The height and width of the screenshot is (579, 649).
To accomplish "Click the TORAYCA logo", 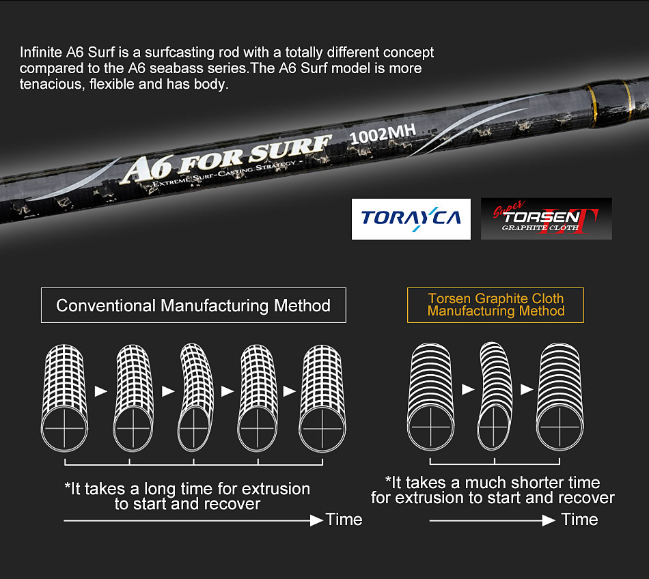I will pos(411,218).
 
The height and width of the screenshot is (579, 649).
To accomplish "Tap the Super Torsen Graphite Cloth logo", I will pos(546,218).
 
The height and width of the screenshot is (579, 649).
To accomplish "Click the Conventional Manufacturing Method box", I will pos(193,305).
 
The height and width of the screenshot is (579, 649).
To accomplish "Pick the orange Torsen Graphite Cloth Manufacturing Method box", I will pos(496,305).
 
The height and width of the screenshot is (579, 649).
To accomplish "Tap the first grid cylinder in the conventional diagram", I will pos(65,397).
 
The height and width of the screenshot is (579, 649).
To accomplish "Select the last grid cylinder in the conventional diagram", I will pos(322,397).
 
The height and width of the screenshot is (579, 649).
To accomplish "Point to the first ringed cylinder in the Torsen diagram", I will pos(432,397).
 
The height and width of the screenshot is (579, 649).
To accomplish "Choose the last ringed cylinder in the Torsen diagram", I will pos(562,397).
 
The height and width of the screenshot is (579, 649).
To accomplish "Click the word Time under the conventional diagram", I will pos(344,520).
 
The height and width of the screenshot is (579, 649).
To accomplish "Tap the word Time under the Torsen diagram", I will pos(579,520).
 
